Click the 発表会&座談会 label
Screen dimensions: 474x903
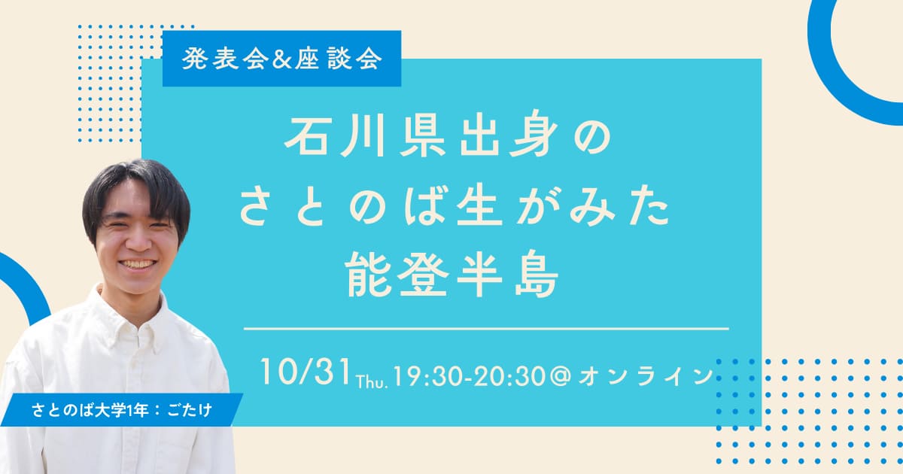281,59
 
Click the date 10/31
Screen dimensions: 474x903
306,371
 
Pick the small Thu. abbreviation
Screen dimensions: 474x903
370,378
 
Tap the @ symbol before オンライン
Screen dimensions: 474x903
560,374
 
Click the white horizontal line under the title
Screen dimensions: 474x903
486,329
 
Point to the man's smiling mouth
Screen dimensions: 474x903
137,265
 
